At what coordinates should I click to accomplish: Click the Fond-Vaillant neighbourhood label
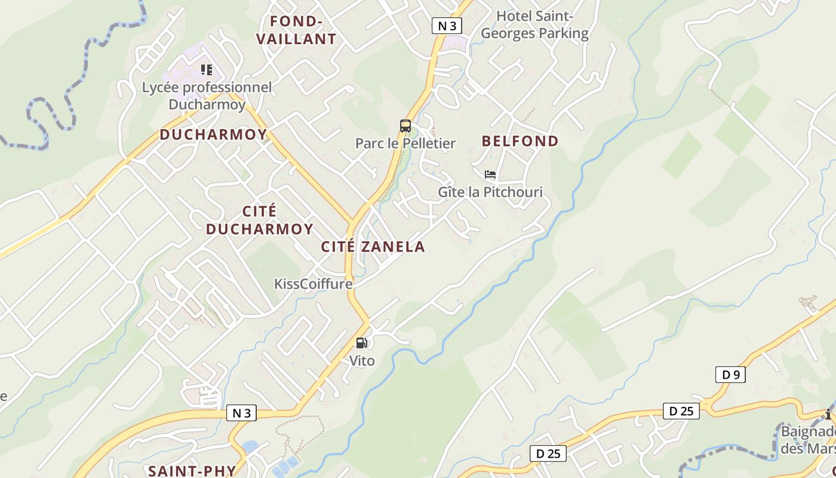tap(296, 30)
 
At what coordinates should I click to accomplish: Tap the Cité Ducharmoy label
tap(260, 220)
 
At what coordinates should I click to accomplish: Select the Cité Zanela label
tap(373, 246)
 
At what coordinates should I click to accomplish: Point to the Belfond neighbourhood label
tap(520, 141)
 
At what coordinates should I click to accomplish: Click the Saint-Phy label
tap(192, 470)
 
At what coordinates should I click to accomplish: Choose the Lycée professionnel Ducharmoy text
tap(207, 96)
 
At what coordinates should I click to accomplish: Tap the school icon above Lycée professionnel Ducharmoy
tap(207, 70)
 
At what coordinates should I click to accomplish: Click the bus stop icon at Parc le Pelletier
tap(405, 126)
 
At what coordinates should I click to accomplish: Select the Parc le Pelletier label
tap(405, 143)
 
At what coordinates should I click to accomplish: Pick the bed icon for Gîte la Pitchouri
tap(490, 174)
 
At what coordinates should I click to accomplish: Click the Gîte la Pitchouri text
tap(490, 192)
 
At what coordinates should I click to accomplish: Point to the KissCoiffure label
tap(313, 284)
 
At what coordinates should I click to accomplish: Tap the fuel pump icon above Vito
tap(361, 343)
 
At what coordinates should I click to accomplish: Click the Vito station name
tap(362, 361)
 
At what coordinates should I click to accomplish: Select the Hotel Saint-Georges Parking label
tap(534, 24)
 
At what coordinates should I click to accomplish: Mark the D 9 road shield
tap(730, 375)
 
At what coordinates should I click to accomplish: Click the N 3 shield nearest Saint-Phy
tap(241, 413)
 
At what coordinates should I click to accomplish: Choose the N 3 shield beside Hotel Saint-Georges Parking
tap(447, 25)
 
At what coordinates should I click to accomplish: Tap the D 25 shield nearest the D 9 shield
tap(681, 411)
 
